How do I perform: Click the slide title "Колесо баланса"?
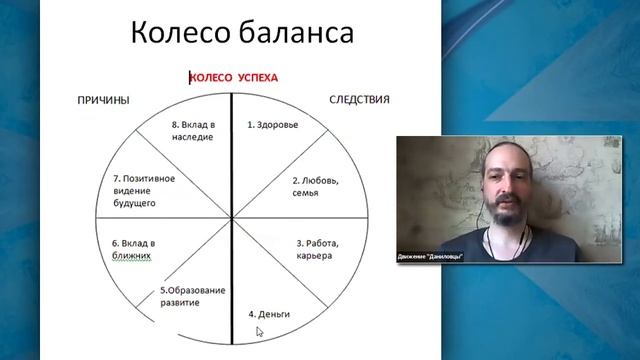[243, 33]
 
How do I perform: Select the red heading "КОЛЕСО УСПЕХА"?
[234, 77]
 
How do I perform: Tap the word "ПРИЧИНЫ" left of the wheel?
[105, 100]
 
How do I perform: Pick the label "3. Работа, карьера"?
[319, 248]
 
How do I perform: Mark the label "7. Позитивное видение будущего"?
[143, 190]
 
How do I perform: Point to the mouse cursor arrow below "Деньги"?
[259, 331]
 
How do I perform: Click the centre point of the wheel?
[232, 218]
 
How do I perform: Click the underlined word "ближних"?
[131, 255]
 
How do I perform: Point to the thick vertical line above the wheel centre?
[232, 150]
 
